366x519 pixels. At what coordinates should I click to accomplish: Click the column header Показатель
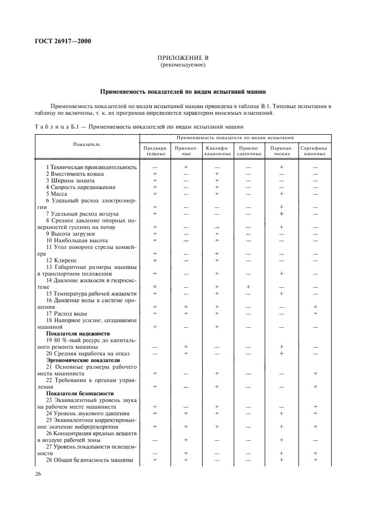86,144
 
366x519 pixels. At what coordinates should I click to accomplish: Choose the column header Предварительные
155,151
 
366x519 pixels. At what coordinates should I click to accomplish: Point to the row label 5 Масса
56,194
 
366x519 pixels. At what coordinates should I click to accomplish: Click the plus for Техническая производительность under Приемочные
186,167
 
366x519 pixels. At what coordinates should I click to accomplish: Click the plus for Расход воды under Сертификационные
315,313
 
